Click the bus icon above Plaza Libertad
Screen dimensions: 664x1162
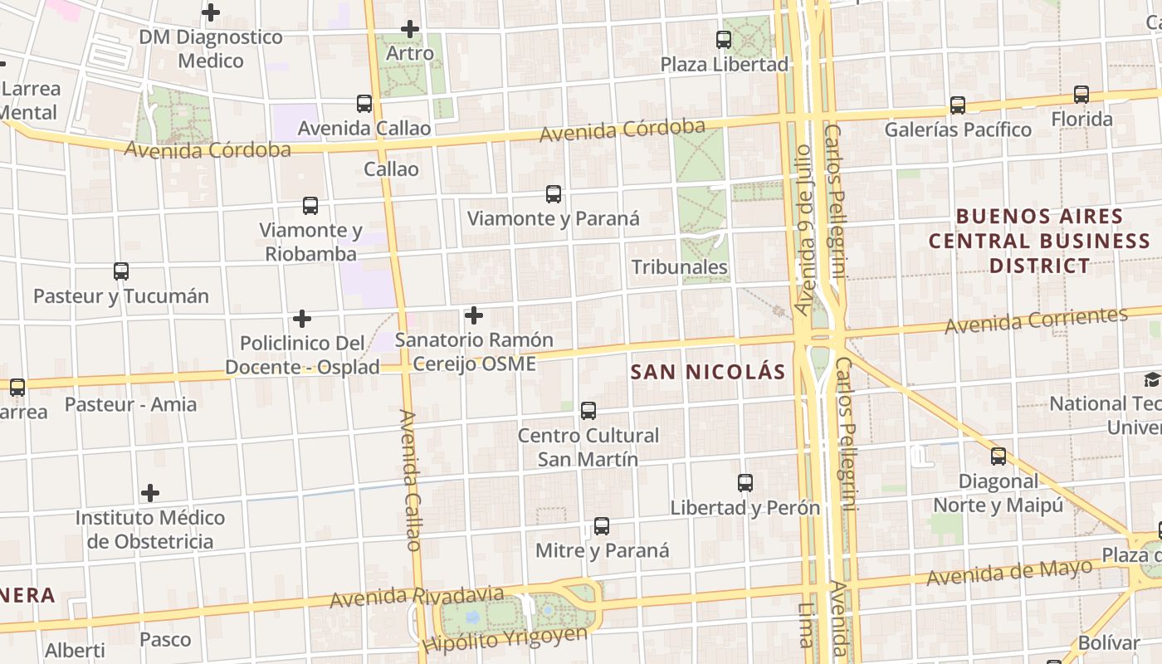coord(724,39)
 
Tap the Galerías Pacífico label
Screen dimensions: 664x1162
coord(958,129)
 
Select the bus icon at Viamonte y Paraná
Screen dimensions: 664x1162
coord(554,194)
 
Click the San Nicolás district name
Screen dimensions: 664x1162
coord(708,372)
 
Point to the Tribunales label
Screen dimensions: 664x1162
coord(679,266)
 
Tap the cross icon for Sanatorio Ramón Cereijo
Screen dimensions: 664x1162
coord(474,315)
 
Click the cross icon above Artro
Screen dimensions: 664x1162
coord(409,30)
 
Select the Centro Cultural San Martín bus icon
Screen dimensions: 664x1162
coord(588,410)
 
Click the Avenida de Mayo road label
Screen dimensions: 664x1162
coord(1009,572)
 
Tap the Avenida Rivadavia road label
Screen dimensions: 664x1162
coord(417,597)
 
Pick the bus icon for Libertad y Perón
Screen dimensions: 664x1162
coord(745,483)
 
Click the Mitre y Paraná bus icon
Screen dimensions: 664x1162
coord(602,526)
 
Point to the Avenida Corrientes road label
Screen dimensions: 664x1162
coord(1036,320)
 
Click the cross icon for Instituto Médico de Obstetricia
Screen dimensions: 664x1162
coord(150,493)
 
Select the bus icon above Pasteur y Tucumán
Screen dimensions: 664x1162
coord(121,271)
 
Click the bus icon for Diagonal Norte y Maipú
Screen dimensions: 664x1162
coord(998,456)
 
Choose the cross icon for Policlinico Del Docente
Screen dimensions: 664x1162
coord(302,319)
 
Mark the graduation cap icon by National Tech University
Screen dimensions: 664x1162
coord(1151,380)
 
